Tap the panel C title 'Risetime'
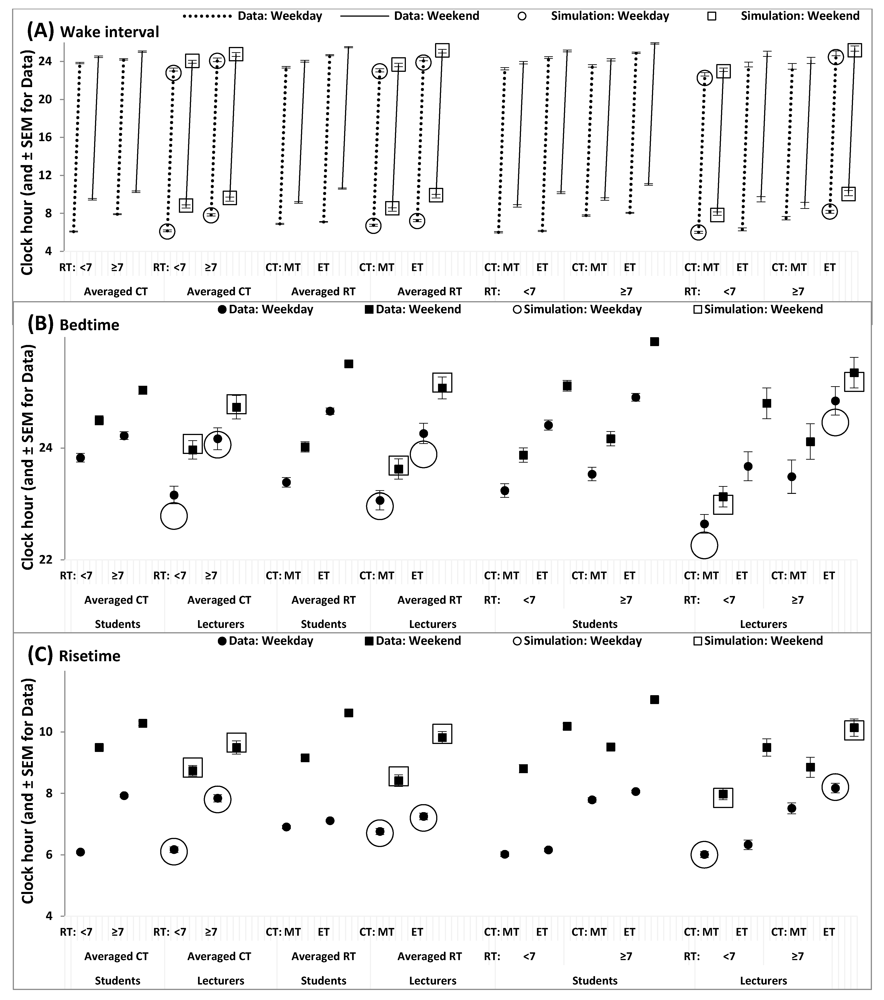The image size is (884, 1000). point(90,656)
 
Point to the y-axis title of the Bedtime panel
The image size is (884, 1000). point(28,457)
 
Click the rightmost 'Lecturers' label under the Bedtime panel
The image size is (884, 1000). point(763,624)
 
